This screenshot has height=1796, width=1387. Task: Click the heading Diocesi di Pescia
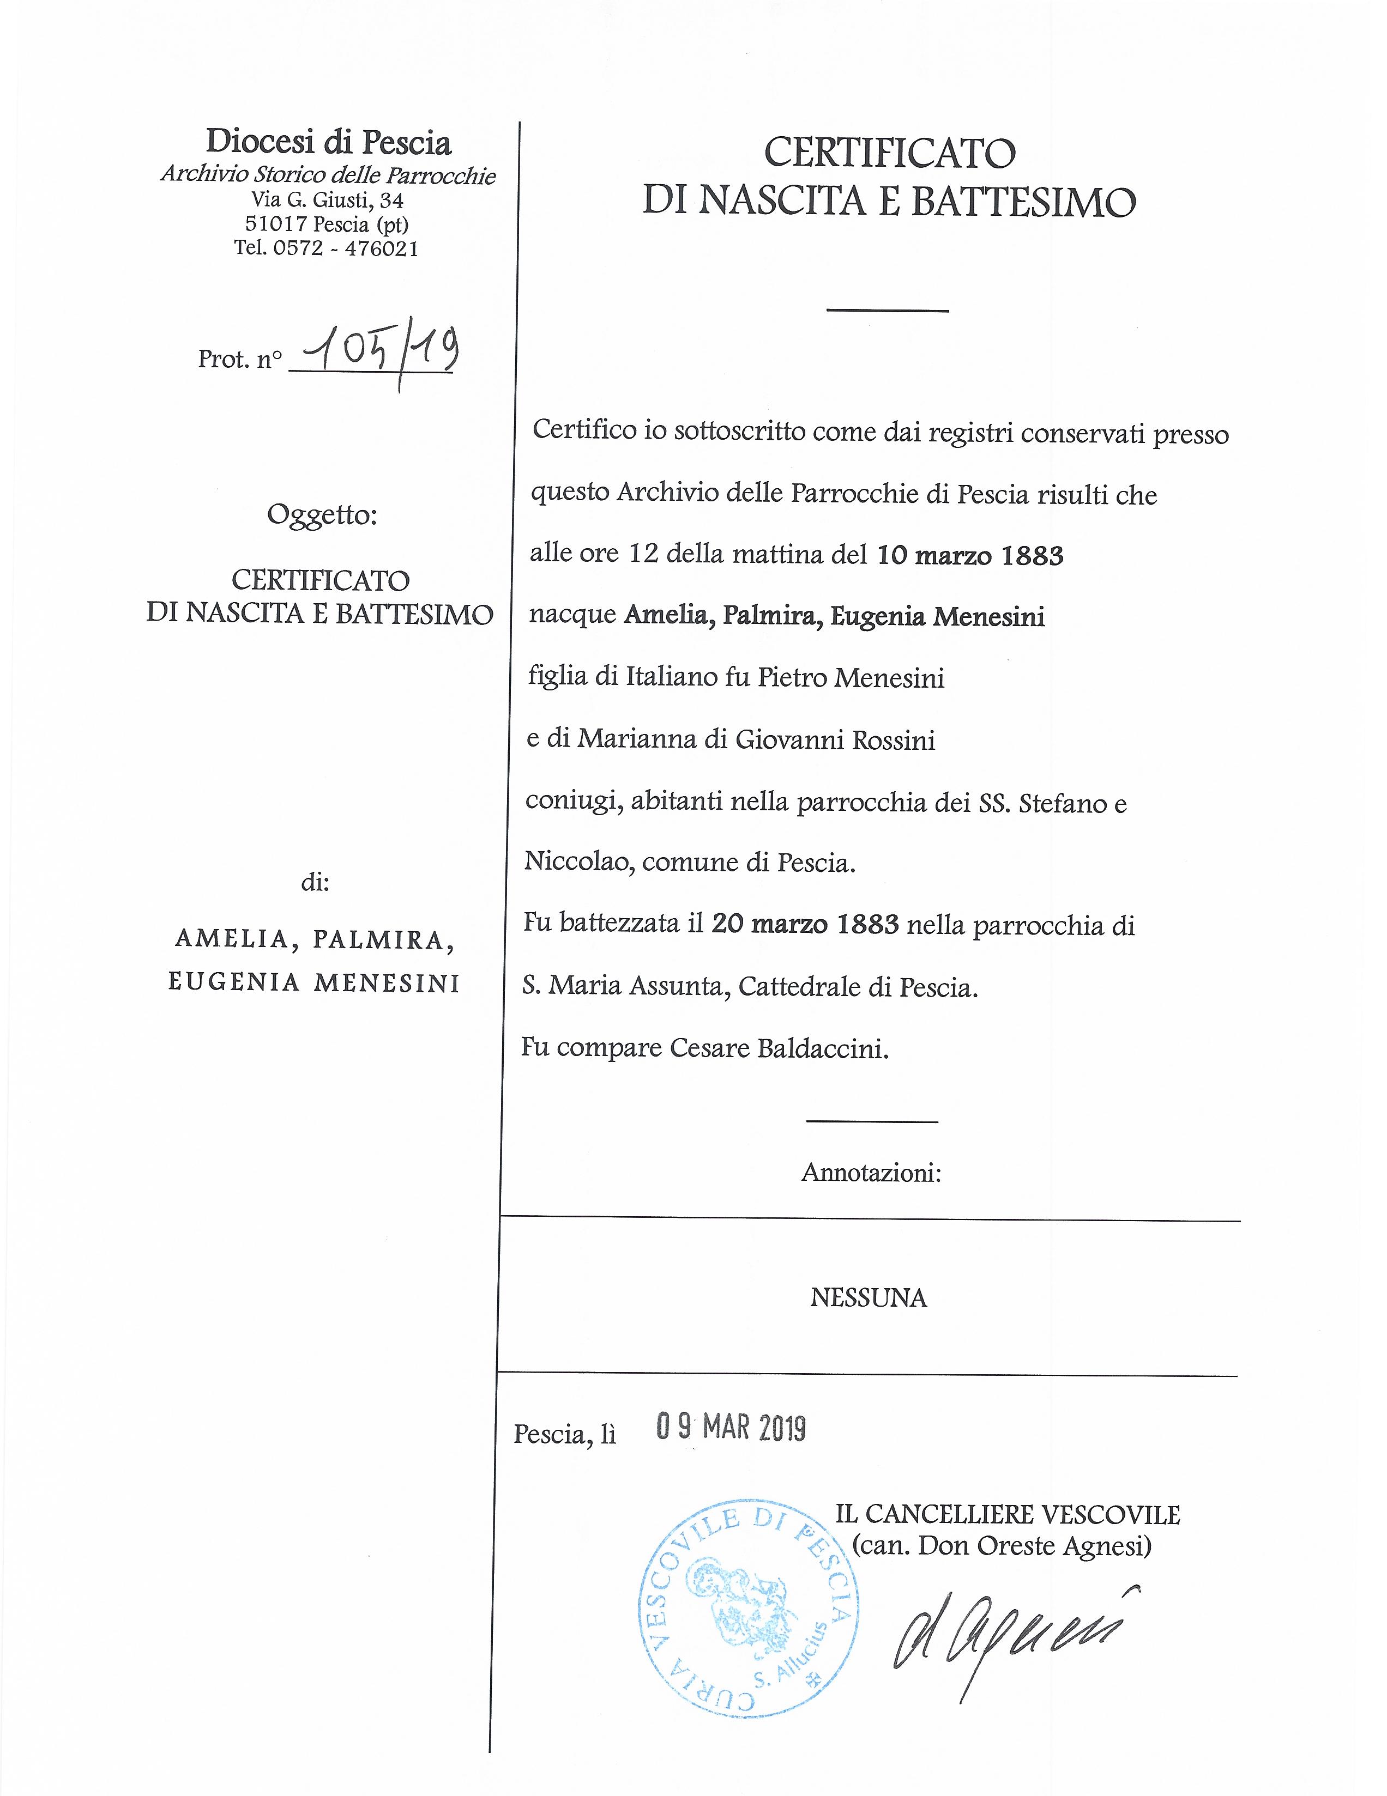pyautogui.click(x=328, y=142)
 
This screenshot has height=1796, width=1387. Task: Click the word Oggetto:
pyautogui.click(x=322, y=515)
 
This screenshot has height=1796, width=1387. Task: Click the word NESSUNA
pyautogui.click(x=868, y=1297)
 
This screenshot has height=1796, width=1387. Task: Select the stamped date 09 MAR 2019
pyautogui.click(x=731, y=1428)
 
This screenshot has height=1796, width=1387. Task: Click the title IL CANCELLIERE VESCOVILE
pyautogui.click(x=1008, y=1514)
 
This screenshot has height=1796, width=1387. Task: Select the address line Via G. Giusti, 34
pyautogui.click(x=328, y=200)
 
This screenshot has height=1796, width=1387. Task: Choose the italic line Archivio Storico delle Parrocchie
pyautogui.click(x=328, y=175)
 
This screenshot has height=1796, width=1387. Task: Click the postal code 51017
pyautogui.click(x=276, y=223)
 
